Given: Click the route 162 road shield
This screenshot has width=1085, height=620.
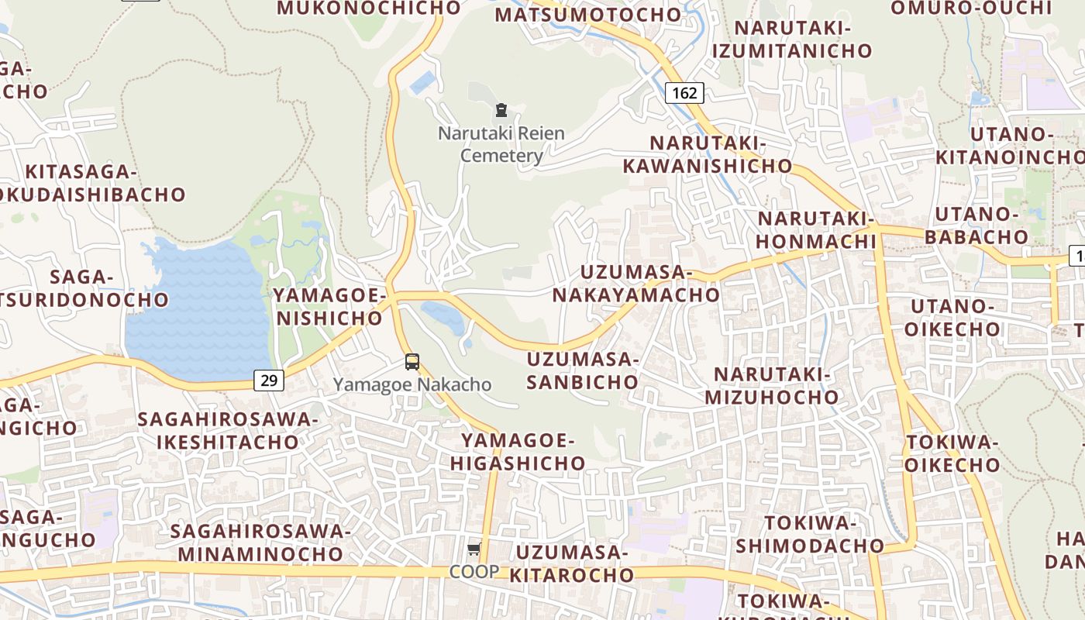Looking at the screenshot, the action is [x=684, y=93].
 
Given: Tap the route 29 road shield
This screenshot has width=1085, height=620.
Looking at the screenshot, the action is [x=268, y=380].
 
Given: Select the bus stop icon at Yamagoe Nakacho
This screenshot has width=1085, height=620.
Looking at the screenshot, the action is [x=412, y=361].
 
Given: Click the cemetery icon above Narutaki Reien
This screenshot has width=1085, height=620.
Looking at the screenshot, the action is [x=501, y=110].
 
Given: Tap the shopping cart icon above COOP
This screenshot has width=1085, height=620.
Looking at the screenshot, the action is [x=474, y=549].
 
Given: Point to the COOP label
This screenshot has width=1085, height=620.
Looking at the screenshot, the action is [x=474, y=571].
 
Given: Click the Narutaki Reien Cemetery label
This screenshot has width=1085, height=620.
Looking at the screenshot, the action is [x=501, y=144].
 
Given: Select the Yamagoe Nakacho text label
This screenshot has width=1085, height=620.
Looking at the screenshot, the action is [x=412, y=384].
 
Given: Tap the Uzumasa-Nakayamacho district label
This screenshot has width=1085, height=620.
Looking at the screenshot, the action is [x=635, y=284].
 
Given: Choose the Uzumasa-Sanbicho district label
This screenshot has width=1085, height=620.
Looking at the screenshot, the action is [x=582, y=370].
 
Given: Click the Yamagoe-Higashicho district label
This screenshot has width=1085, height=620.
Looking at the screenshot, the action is [x=523, y=453].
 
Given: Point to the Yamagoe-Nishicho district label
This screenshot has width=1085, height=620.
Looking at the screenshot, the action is [x=329, y=307].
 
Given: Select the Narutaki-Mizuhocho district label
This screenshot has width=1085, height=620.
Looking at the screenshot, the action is [x=772, y=386].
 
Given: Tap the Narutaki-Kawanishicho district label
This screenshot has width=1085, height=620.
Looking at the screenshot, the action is [x=708, y=155].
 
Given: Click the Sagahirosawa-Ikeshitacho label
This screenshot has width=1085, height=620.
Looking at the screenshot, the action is [x=228, y=431].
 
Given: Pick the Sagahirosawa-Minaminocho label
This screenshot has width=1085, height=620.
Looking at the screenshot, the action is [x=260, y=542].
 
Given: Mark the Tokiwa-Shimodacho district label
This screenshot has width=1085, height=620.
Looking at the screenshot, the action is [x=809, y=534].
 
